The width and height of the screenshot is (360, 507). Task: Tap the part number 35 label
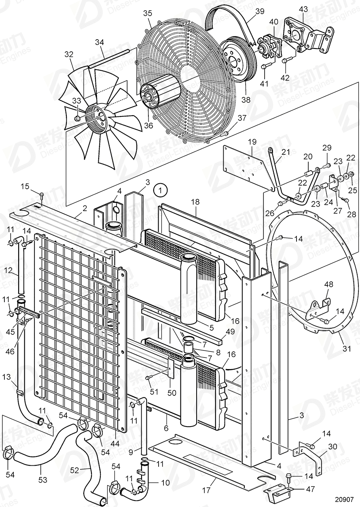pos(147,13)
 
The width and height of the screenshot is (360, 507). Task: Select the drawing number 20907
pos(345,499)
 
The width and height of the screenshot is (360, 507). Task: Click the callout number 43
pos(303,9)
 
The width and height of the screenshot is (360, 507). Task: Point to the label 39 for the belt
pos(260,11)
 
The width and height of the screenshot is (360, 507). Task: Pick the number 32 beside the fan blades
pos(69,54)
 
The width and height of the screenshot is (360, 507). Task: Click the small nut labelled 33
pos(77,118)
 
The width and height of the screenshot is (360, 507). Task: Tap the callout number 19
pos(252,142)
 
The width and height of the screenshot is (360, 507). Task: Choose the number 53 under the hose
pos(42,480)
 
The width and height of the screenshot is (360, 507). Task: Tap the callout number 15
pos(25,186)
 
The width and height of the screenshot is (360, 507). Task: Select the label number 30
pos(332,447)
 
